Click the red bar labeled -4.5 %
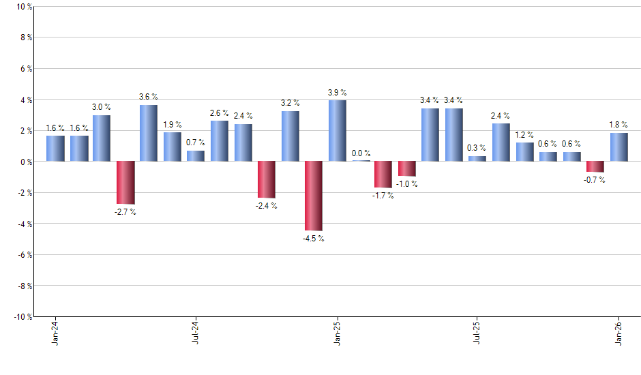[314, 196]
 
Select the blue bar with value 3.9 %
[338, 131]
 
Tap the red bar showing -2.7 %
[125, 183]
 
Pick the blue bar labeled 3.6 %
[149, 133]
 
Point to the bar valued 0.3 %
[477, 159]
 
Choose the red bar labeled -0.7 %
[595, 166]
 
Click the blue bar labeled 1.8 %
[619, 147]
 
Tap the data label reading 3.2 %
[290, 103]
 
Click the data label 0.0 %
[361, 153]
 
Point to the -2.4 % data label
[266, 206]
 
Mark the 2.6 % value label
[220, 112]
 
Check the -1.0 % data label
[406, 184]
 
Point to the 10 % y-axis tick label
[23, 7]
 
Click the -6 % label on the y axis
[23, 255]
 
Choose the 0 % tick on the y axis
[25, 162]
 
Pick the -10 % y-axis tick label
[22, 317]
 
